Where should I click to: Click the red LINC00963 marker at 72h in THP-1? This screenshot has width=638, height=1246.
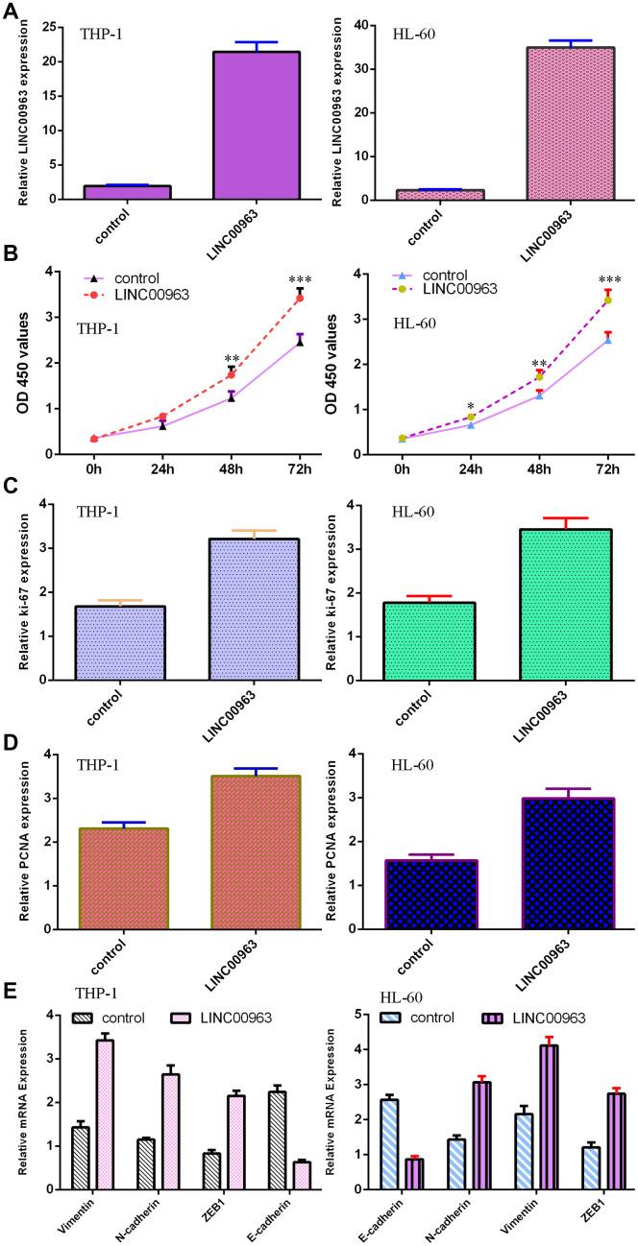299,298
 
